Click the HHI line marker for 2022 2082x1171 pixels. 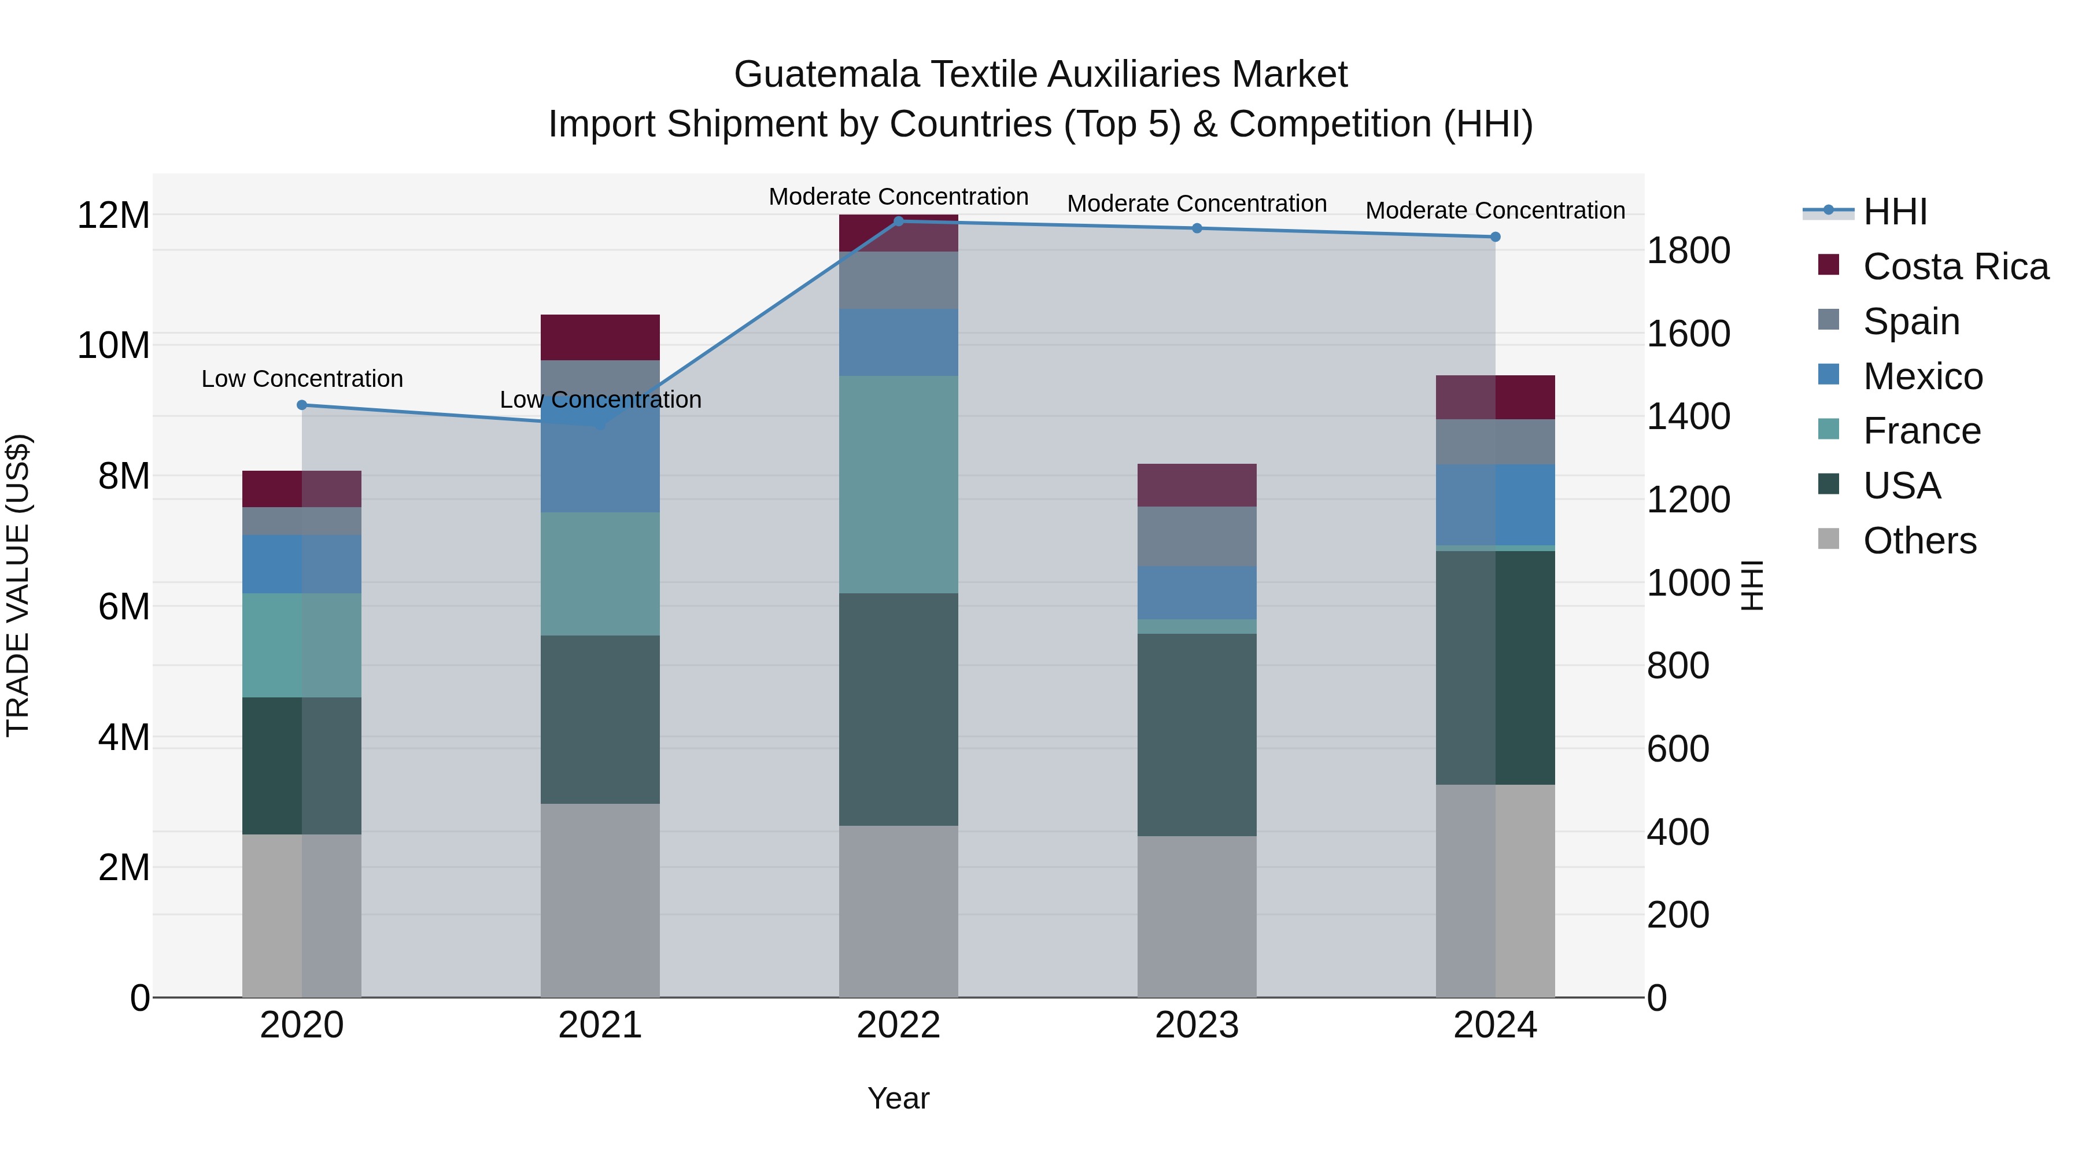[x=898, y=221]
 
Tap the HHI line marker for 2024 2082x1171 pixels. [x=1494, y=237]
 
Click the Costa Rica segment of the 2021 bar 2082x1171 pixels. [x=600, y=337]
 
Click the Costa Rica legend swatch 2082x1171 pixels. [x=1828, y=265]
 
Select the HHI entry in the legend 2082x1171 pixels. [x=1895, y=212]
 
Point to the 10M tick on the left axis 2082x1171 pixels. [x=113, y=346]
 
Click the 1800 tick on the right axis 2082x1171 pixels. [x=1688, y=250]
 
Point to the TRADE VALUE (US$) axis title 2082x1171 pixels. [x=18, y=585]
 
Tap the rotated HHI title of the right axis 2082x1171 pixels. [x=1751, y=585]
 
